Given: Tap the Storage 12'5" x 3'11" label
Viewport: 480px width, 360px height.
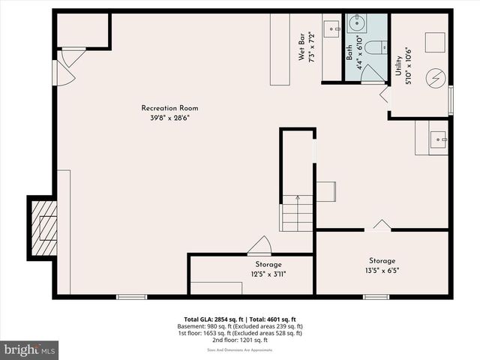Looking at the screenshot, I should coord(268,268).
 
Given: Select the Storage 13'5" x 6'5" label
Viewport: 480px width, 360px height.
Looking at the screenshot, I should coord(382,265).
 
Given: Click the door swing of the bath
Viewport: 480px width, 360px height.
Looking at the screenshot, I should coord(373,73).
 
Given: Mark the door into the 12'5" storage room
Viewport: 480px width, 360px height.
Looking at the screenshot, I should coord(259,245).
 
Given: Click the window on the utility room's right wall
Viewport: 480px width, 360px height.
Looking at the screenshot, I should coord(450,100).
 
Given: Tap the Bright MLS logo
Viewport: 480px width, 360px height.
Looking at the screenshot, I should coord(30,349).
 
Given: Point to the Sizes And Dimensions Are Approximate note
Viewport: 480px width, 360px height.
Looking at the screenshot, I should coord(240,349).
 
